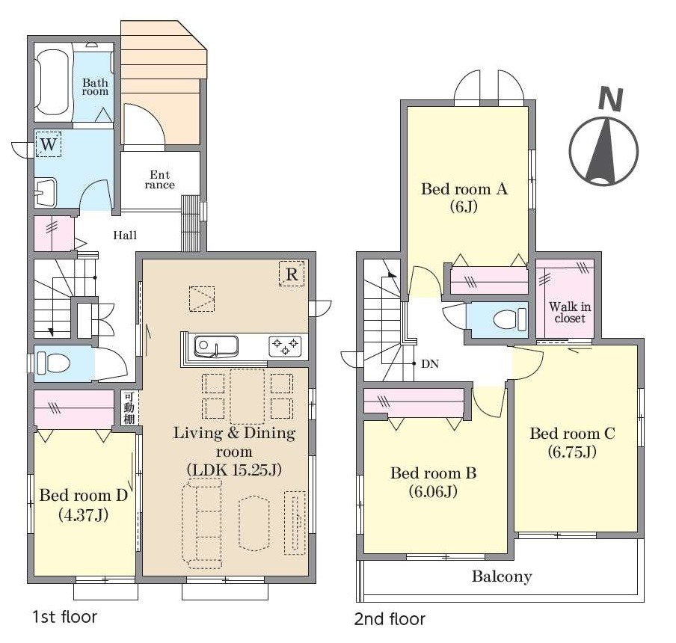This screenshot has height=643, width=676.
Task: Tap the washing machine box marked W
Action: point(49,144)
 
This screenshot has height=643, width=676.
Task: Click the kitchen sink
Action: point(216,346)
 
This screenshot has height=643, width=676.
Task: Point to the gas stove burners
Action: point(285,346)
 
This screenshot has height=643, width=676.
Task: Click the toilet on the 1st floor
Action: point(53,363)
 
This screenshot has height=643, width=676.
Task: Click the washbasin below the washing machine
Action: point(46,192)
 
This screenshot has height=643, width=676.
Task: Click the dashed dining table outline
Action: point(247,396)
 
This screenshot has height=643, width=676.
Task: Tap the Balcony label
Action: point(502,576)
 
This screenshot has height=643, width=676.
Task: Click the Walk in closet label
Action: point(570,313)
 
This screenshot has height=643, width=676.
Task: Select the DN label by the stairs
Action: point(430,364)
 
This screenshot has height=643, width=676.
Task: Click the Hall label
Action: point(125,236)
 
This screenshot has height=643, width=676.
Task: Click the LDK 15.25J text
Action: point(235,470)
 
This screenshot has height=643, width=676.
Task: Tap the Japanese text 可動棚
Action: point(129,407)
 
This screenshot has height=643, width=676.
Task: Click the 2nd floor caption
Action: point(390,619)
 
